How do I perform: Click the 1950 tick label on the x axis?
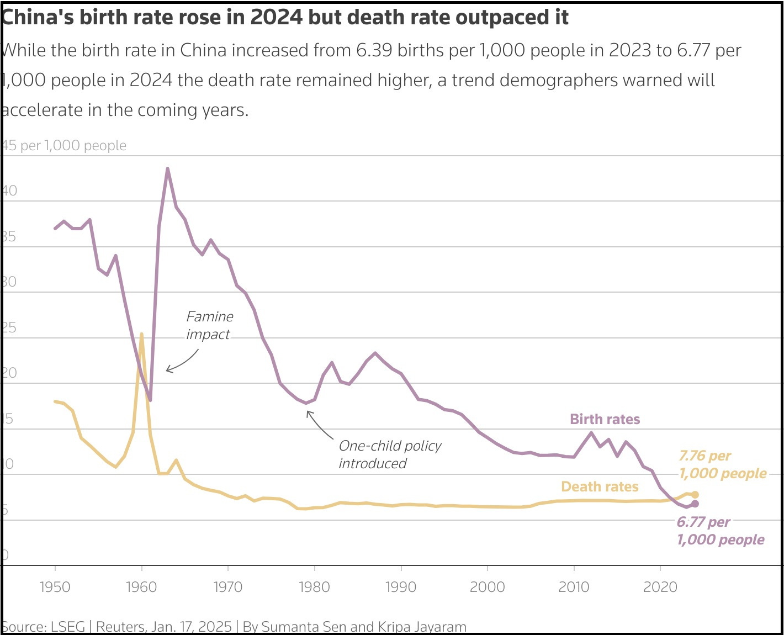[55, 586]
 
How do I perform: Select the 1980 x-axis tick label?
[314, 586]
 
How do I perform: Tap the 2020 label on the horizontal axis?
[660, 586]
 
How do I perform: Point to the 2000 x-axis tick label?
[487, 586]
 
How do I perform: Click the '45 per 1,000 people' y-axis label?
[64, 145]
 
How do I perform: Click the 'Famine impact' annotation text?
[209, 325]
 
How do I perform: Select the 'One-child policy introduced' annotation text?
[390, 454]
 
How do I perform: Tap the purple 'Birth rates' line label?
[605, 419]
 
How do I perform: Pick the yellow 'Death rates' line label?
[600, 486]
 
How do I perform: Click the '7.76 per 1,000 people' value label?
[722, 464]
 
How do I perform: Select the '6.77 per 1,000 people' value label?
[721, 531]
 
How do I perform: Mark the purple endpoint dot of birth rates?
[695, 504]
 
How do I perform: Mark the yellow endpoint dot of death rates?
[695, 495]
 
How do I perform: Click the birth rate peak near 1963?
[167, 168]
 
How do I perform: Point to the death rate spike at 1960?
[141, 334]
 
